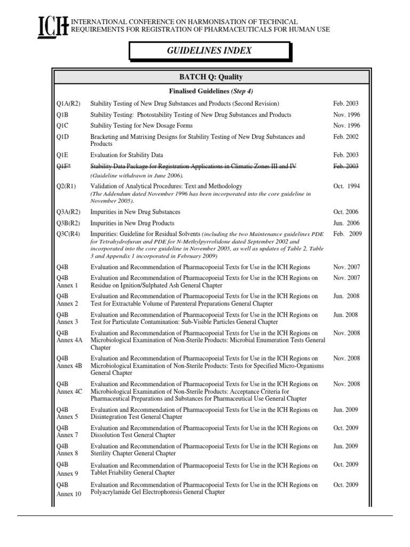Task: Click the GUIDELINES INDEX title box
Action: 210,51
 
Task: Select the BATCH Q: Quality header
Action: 210,77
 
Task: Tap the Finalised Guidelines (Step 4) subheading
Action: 210,91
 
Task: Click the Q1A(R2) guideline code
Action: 68,104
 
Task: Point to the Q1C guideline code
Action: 63,126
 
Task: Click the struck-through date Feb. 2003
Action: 346,167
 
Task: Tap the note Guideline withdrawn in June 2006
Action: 137,176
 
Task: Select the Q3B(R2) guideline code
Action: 68,223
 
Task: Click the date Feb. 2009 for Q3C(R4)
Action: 348,233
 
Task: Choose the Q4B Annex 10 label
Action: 69,489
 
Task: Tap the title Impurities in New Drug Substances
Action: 136,212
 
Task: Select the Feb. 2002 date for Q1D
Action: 346,137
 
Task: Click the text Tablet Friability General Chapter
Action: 133,473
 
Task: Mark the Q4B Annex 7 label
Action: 67,432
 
